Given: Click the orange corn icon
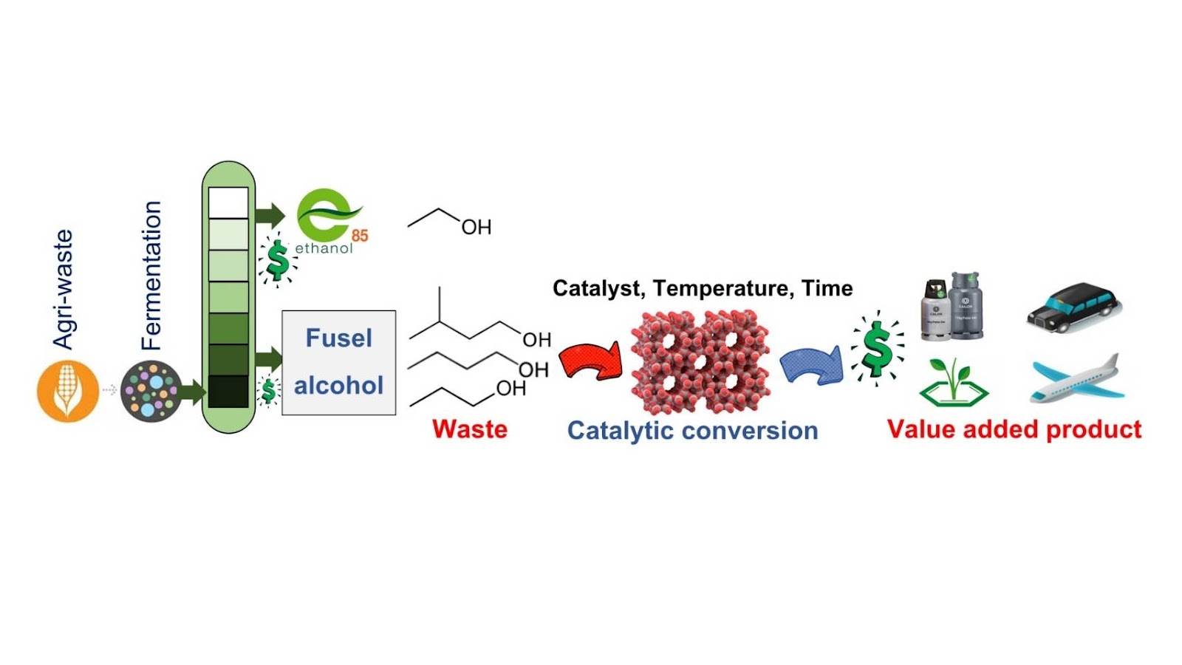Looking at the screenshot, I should (x=67, y=390).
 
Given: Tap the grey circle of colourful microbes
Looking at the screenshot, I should (x=151, y=390).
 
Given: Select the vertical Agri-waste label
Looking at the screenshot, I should (x=64, y=289).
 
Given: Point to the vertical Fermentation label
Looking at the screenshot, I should (x=151, y=275).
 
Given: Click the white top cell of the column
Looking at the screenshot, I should (x=228, y=202).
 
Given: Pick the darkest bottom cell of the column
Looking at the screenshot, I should (x=228, y=392).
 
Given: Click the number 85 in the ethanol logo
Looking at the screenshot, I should (x=359, y=236).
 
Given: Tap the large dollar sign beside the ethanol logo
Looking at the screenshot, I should (x=278, y=260).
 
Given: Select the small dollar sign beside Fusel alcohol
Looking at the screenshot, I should (x=269, y=390).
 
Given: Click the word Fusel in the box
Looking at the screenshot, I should (x=338, y=338).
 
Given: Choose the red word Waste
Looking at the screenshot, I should (x=470, y=429).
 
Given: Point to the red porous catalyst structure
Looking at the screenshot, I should (x=700, y=361).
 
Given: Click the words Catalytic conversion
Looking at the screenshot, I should (x=692, y=431).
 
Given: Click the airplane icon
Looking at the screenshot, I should (x=1077, y=378).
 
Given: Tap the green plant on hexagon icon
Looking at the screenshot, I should (x=953, y=382).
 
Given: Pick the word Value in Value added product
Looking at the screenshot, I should (x=920, y=429).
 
